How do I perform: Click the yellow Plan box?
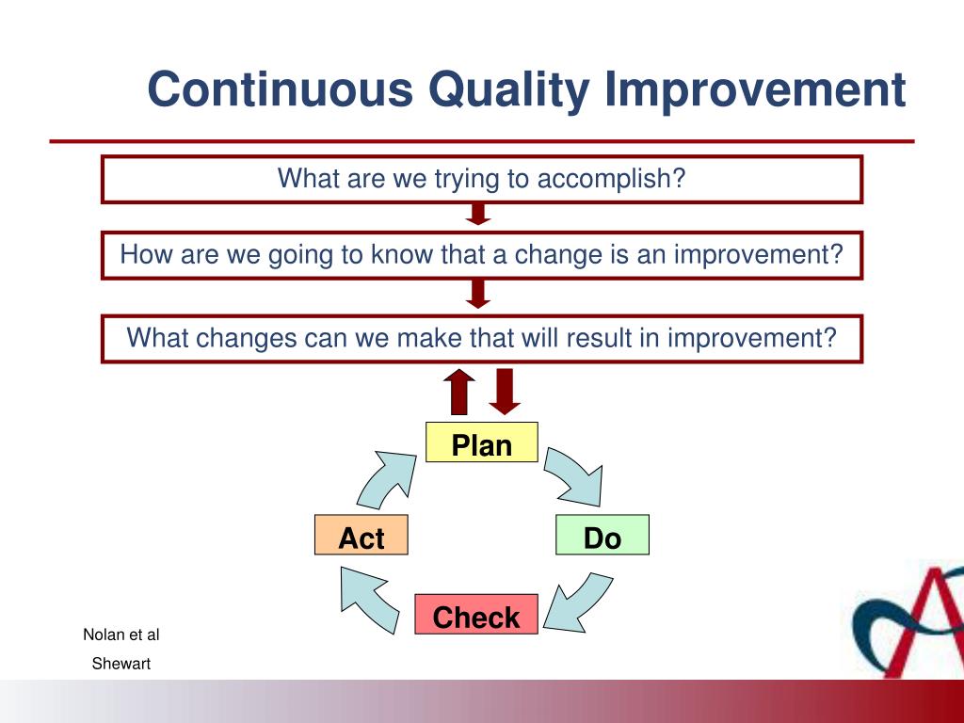tap(481, 442)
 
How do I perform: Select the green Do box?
tap(602, 535)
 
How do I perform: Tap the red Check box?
tap(475, 614)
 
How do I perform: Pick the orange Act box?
tap(361, 535)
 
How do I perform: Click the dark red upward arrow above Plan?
tap(459, 392)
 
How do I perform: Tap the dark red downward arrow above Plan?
tap(505, 392)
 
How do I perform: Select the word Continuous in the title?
tap(281, 89)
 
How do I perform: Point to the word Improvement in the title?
tap(755, 89)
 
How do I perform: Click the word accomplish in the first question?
tap(611, 179)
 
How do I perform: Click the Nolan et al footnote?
tap(121, 635)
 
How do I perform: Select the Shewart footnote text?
tap(121, 664)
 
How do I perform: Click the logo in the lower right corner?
tap(908, 621)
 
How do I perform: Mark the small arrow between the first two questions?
tap(477, 214)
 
